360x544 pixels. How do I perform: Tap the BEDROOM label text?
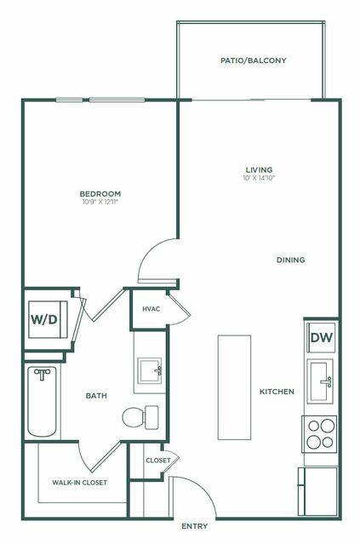click(100, 193)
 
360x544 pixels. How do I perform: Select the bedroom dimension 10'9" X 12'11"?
click(100, 203)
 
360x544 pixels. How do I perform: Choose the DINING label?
click(290, 260)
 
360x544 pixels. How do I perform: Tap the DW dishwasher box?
click(320, 337)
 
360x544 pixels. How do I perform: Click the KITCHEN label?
click(277, 392)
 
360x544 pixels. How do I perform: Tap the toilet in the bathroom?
click(140, 417)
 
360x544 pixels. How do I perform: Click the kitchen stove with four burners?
click(320, 434)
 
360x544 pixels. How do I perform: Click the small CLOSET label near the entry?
click(157, 461)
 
